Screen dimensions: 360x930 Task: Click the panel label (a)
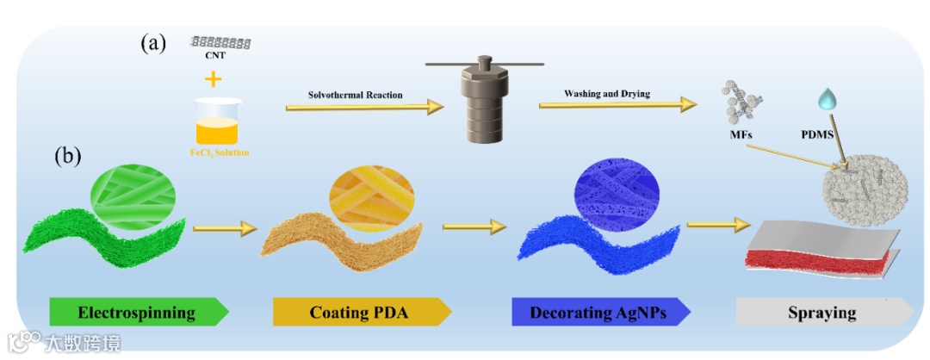click(x=153, y=44)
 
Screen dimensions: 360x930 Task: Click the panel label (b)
click(x=71, y=157)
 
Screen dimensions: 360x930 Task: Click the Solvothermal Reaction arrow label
click(x=356, y=94)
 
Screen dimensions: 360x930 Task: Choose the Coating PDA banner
click(x=362, y=312)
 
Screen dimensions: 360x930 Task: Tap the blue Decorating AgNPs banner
click(x=599, y=312)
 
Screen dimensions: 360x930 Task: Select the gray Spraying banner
click(x=822, y=312)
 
